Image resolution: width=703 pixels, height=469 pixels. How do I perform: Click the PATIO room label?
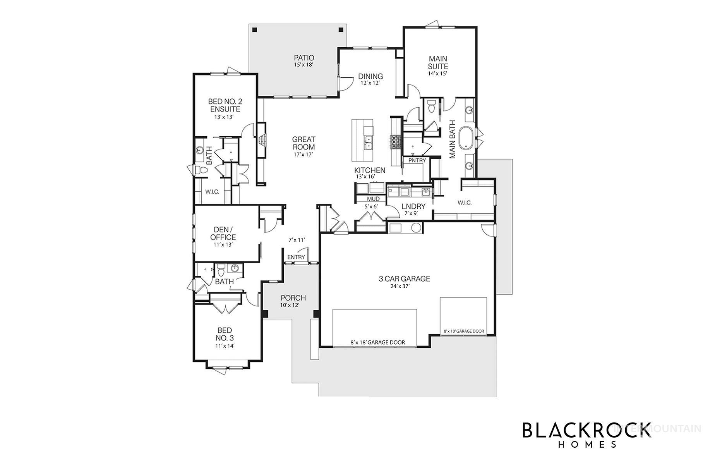(303, 58)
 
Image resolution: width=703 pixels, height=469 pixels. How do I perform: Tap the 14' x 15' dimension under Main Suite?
(437, 73)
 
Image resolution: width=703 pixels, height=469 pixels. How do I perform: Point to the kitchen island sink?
(368, 143)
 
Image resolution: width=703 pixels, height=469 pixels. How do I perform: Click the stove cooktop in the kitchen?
(396, 142)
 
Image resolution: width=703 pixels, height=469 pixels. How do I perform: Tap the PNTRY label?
(417, 160)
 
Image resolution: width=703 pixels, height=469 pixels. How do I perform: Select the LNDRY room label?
(413, 206)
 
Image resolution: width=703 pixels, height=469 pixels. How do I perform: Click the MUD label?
(373, 199)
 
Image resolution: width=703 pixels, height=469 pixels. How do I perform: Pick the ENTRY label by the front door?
(296, 257)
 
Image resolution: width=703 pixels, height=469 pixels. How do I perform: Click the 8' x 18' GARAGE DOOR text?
(377, 342)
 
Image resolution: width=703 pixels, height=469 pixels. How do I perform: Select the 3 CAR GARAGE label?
(404, 278)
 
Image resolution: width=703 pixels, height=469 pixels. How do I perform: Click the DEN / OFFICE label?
(223, 234)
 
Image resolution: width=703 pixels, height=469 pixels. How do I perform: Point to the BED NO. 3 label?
(225, 334)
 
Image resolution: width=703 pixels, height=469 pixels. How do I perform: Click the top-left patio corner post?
(254, 30)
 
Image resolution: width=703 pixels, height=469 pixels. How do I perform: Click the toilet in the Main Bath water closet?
(432, 105)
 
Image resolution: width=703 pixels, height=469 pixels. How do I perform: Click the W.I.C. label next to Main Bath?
(464, 203)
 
